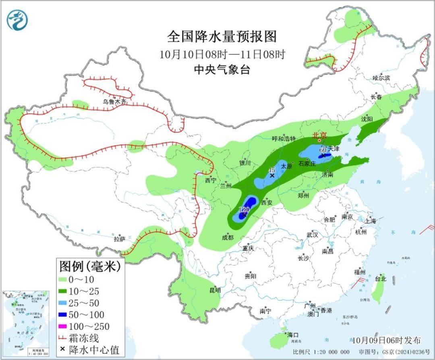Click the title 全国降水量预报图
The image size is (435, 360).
[x=222, y=37]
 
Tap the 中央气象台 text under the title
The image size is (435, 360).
[x=222, y=70]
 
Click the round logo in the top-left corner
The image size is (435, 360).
[x=17, y=20]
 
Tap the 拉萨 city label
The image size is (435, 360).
[x=120, y=239]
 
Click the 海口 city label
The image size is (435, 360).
[x=293, y=335]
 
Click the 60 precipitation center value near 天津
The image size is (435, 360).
[x=323, y=150]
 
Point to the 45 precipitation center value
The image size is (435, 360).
[x=272, y=171]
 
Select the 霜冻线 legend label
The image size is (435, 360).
[x=84, y=337]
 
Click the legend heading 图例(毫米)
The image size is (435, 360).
[x=87, y=266]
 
